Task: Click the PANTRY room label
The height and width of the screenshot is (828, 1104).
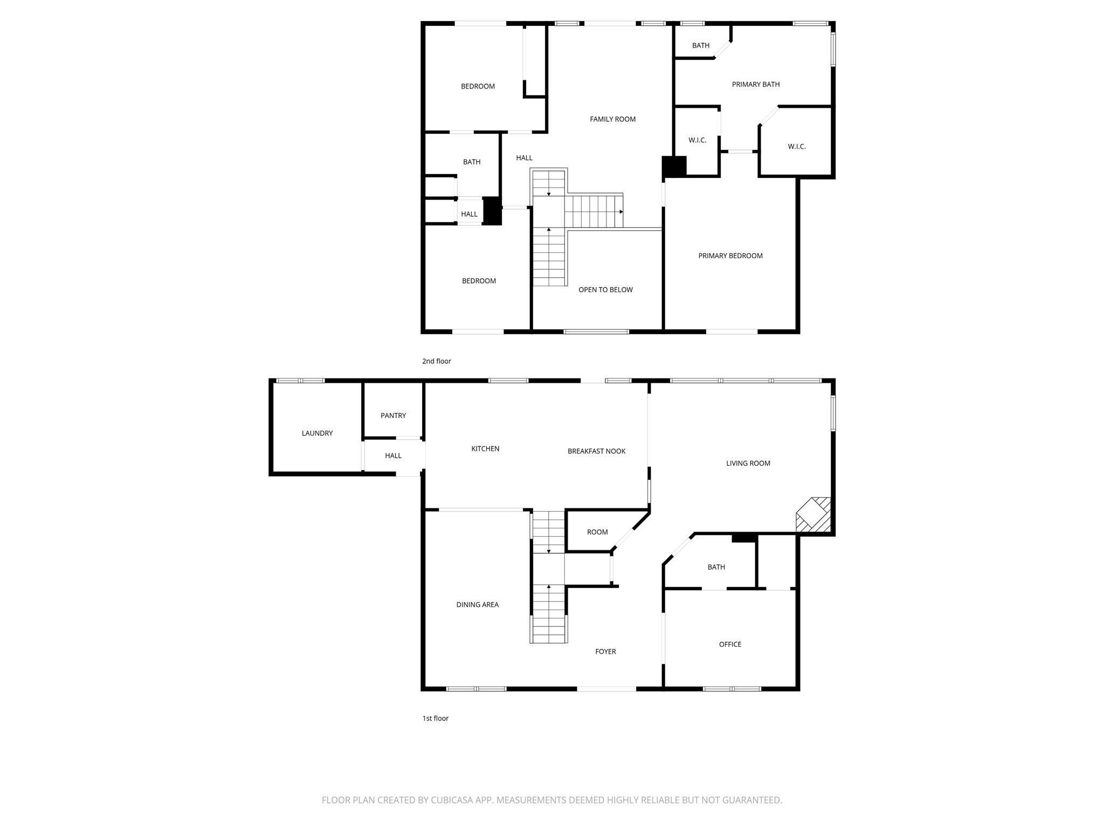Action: (393, 416)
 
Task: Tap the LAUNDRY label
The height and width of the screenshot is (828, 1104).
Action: (317, 433)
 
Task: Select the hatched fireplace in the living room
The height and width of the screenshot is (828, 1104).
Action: (814, 515)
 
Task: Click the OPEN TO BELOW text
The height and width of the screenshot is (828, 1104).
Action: (605, 290)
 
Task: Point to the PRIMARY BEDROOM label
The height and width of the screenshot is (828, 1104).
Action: (730, 256)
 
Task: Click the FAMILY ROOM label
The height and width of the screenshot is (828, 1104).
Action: (612, 119)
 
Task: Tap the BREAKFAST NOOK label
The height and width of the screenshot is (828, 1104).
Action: (596, 451)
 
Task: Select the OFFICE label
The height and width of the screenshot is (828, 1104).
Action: (730, 645)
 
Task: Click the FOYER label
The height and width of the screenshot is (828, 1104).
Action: (605, 652)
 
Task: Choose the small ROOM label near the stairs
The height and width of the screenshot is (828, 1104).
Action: (597, 532)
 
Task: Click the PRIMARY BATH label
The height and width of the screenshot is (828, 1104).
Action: (755, 85)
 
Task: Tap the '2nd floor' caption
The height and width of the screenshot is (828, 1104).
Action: (436, 361)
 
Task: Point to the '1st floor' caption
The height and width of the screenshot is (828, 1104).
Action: (435, 719)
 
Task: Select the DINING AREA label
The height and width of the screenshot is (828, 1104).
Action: (477, 605)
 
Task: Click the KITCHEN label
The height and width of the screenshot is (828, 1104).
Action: (485, 449)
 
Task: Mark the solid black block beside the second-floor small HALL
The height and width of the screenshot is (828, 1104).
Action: (492, 211)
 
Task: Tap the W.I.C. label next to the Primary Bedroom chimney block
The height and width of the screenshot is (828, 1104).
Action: (697, 140)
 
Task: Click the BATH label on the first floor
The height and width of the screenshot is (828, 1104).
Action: (716, 567)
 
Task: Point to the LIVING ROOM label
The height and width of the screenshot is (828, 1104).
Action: (748, 464)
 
